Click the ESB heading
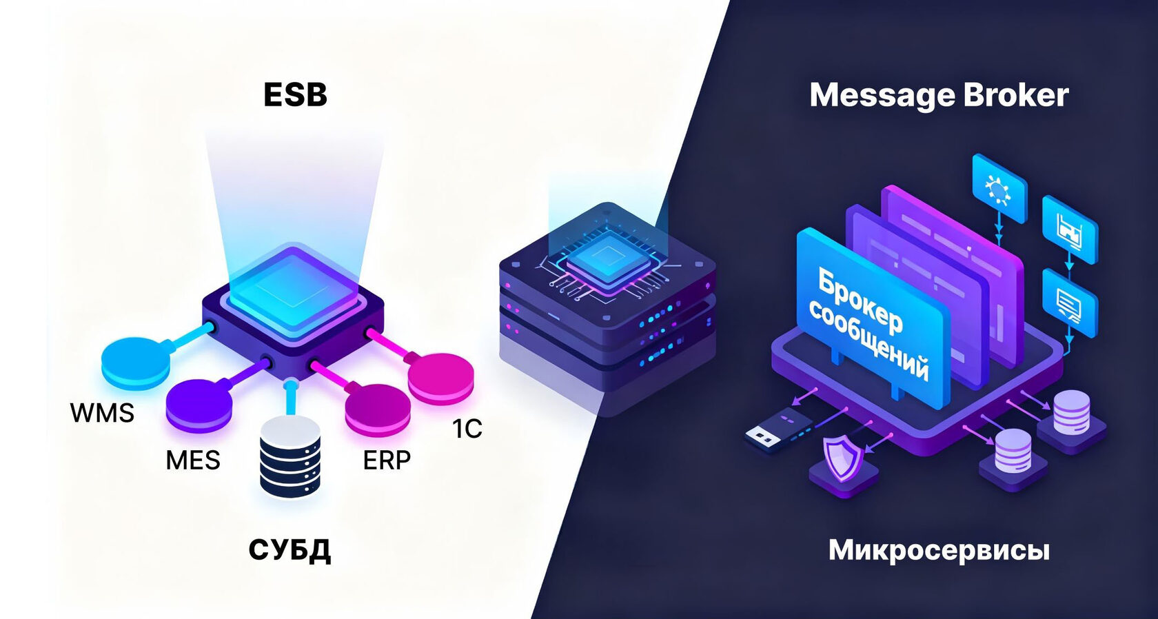coord(295,95)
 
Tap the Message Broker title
coord(939,97)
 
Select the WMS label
coord(102,413)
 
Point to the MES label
coord(193,460)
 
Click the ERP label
coord(387,460)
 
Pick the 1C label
coord(467,428)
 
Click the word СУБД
coord(289,549)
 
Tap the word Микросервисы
coord(939,550)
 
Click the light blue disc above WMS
coord(135,363)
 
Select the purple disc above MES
coord(199,403)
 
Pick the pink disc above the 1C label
coord(440,378)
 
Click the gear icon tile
coord(999,188)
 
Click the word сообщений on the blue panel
coord(868,341)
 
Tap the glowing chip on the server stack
coord(608,258)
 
